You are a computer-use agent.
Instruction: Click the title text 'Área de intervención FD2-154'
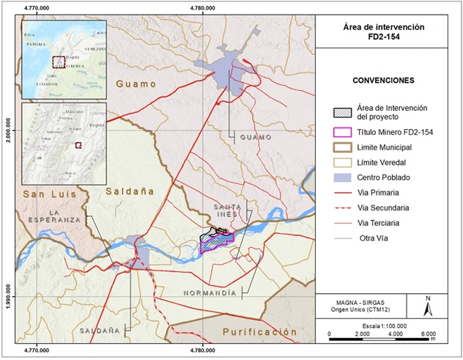click(x=388, y=31)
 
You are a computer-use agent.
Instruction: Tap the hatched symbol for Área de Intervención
click(x=340, y=112)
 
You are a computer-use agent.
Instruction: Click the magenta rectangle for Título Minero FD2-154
click(x=340, y=133)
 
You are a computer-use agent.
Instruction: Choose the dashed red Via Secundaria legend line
click(x=340, y=208)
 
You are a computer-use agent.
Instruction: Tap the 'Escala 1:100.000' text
click(x=385, y=325)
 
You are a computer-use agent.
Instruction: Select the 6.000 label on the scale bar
click(x=429, y=334)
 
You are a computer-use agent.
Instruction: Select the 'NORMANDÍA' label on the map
click(x=210, y=293)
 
